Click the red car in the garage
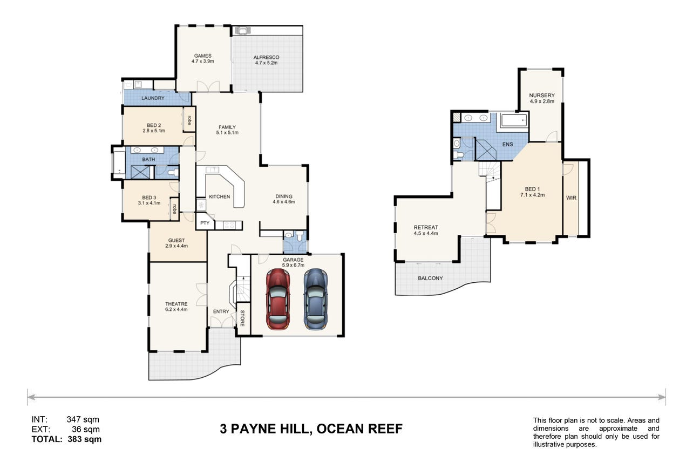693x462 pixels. (x=278, y=299)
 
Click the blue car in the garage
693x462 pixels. (x=316, y=299)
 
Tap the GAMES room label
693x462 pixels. (x=203, y=56)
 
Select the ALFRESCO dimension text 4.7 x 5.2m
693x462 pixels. (x=267, y=63)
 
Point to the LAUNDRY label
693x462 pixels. (x=153, y=98)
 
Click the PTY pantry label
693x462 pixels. (x=205, y=223)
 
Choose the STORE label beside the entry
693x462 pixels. (x=242, y=318)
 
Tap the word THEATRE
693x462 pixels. (x=176, y=304)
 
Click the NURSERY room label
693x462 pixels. (x=542, y=96)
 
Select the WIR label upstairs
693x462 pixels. (x=571, y=198)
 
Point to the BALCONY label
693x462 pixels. (x=430, y=278)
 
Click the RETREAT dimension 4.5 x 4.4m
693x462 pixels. (x=426, y=233)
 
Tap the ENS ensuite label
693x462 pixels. (x=508, y=144)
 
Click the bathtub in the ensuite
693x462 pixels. (x=514, y=120)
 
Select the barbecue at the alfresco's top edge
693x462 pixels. (x=243, y=30)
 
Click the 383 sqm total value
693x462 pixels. (x=84, y=439)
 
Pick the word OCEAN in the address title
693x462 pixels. (x=339, y=429)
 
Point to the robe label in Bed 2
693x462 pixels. (x=189, y=120)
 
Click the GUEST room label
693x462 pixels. (x=176, y=240)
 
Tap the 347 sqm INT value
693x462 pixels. (x=83, y=419)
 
